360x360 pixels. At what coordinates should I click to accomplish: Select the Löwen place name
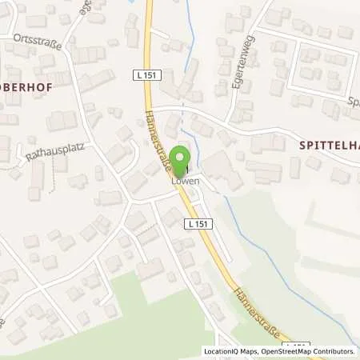pos(183,182)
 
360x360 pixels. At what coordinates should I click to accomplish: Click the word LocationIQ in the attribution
pos(220,351)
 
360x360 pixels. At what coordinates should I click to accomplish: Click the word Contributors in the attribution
pos(334,351)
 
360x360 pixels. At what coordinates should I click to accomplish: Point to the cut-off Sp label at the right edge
pos(353,102)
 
